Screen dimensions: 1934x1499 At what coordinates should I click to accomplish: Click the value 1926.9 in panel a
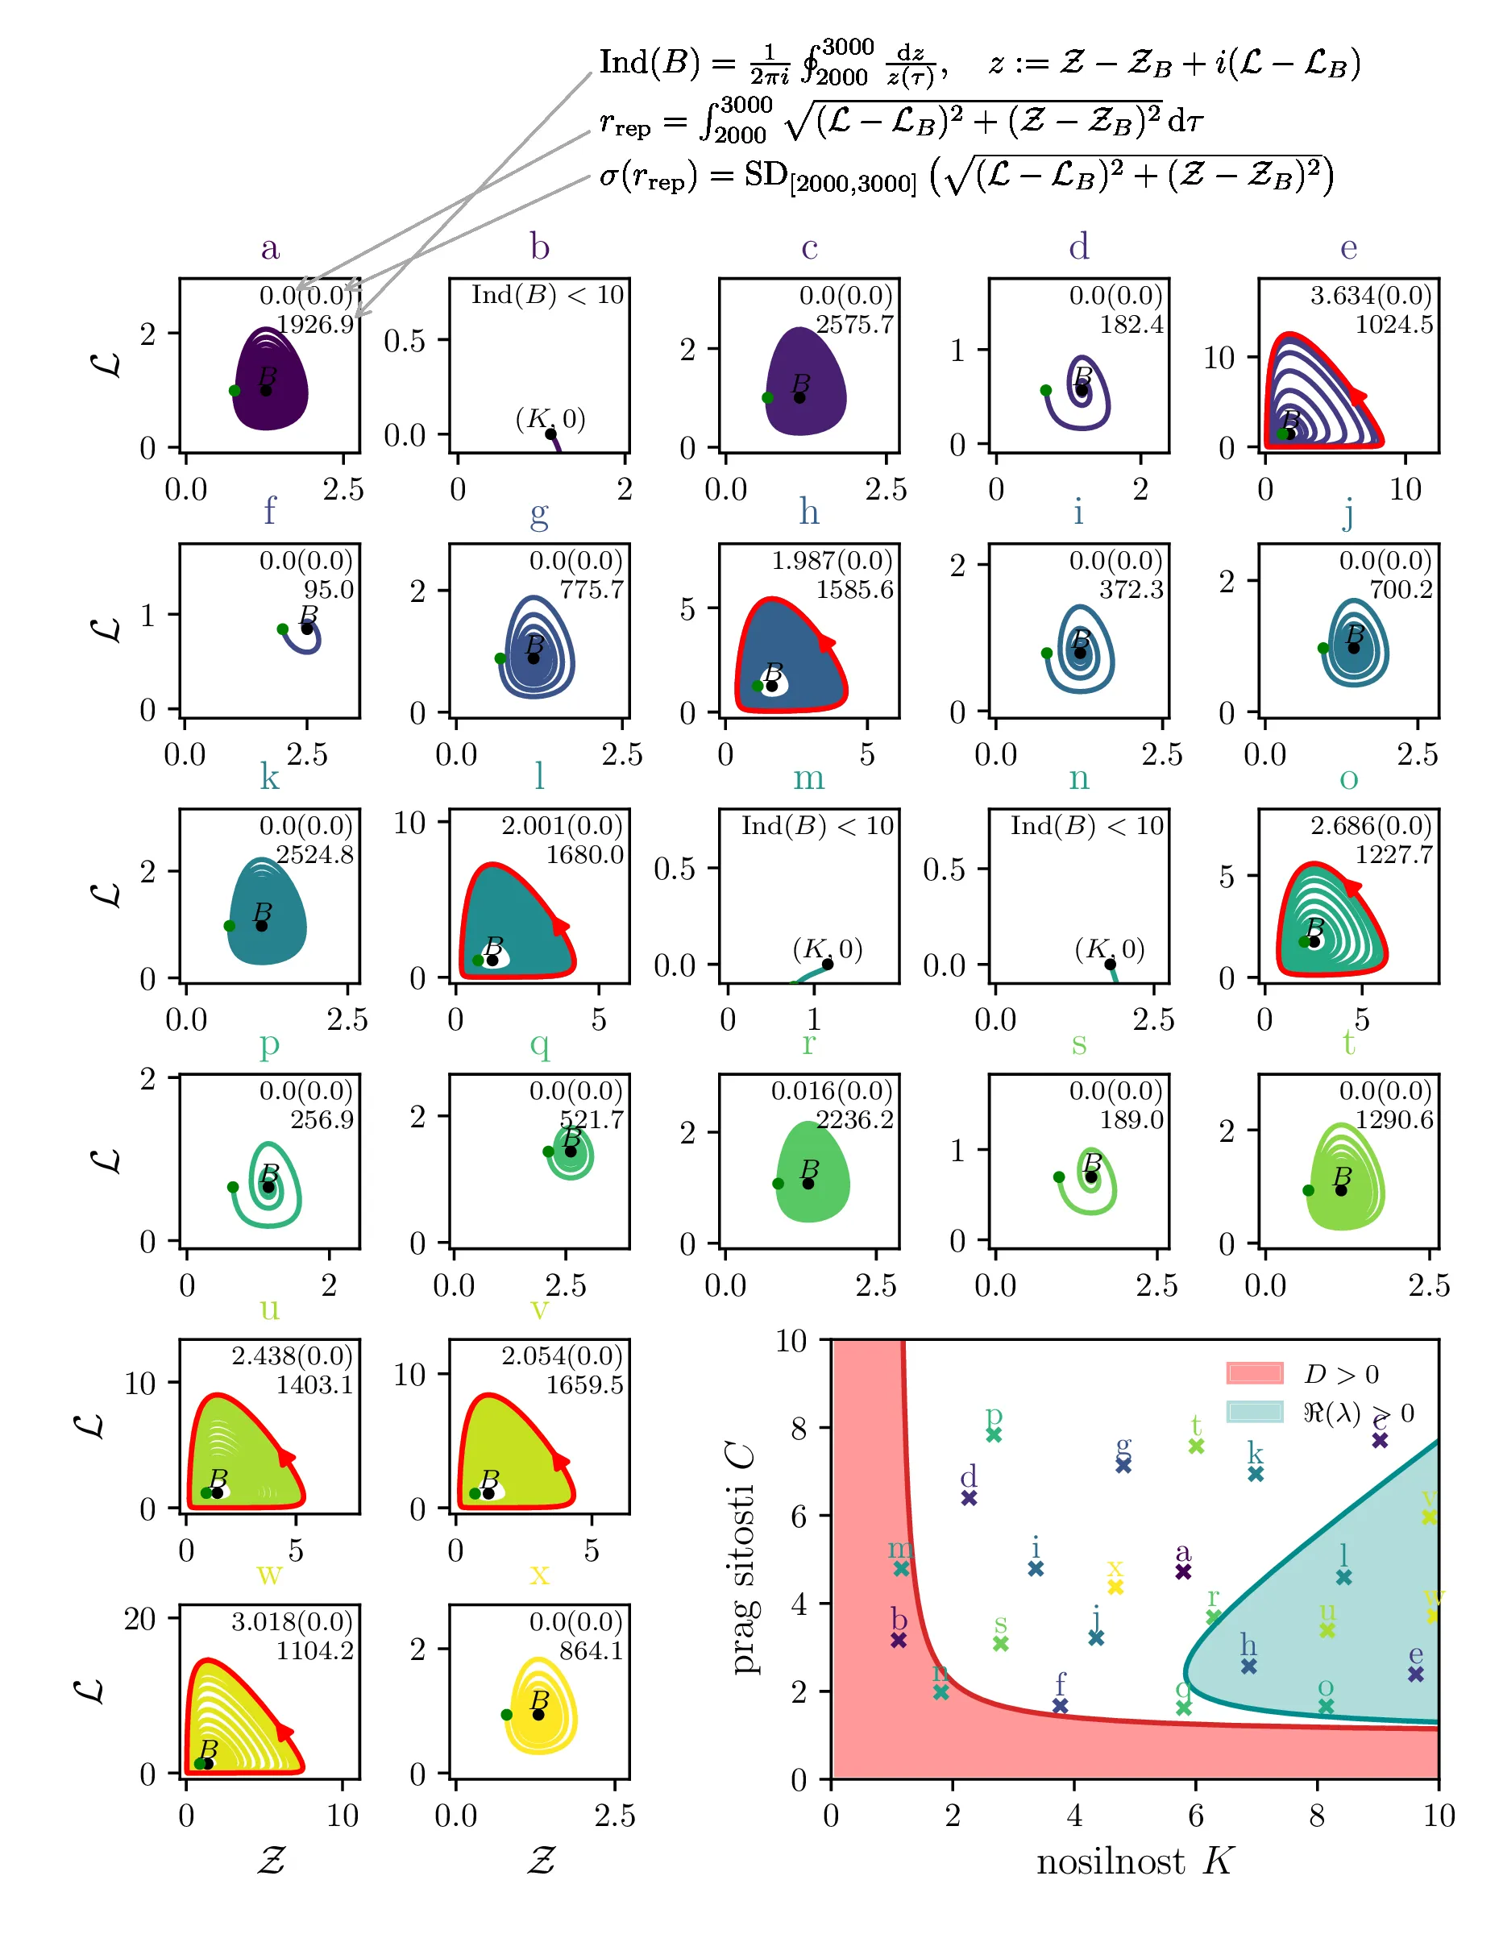(315, 324)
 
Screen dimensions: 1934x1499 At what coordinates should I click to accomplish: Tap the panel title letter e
(1347, 248)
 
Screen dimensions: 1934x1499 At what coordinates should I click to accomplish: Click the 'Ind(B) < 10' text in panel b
(547, 295)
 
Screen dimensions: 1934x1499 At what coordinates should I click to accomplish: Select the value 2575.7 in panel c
(854, 324)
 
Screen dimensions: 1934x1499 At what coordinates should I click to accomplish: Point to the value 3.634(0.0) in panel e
(1371, 295)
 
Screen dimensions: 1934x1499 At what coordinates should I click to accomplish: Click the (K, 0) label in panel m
(827, 949)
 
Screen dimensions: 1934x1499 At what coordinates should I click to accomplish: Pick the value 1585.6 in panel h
(854, 590)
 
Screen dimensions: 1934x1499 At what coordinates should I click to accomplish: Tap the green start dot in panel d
(1045, 391)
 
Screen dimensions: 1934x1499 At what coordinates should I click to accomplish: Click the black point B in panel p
(268, 1187)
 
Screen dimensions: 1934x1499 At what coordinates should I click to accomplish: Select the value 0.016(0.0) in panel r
(832, 1091)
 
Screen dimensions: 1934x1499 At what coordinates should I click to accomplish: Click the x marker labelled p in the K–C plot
(994, 1434)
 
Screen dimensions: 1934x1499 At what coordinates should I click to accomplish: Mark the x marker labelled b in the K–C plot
(899, 1640)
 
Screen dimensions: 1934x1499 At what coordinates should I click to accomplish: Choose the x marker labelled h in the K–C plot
(1248, 1666)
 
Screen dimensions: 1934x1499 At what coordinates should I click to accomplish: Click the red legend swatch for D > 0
(1254, 1373)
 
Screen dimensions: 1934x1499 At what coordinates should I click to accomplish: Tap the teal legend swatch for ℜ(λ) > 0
(1254, 1412)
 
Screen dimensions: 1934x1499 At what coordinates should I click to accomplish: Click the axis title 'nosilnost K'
(1135, 1861)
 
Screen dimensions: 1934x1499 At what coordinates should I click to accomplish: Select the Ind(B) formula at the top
(978, 64)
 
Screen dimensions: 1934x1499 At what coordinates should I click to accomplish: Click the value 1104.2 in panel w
(314, 1650)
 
